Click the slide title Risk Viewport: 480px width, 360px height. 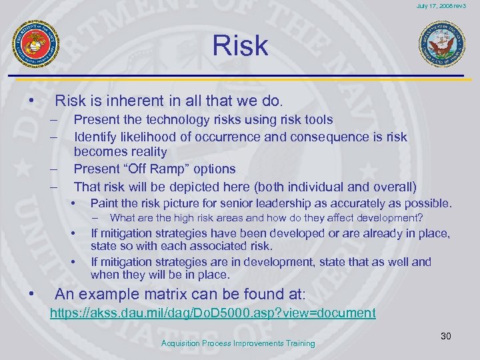(240, 45)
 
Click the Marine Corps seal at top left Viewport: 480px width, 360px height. (36, 44)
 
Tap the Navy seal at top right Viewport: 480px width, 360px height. (441, 45)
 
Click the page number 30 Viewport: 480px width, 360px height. (445, 336)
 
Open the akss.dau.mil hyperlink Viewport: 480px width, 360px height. (213, 313)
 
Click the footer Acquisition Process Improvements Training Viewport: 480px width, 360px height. (238, 343)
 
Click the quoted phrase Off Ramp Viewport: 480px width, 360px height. (149, 169)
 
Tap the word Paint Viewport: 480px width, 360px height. (104, 203)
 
